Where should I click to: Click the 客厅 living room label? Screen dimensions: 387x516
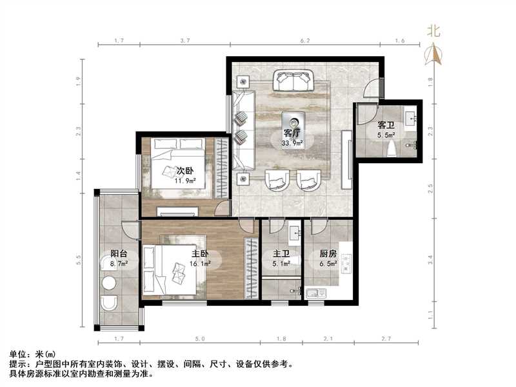(x=292, y=134)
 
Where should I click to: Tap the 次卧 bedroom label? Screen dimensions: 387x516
(x=185, y=171)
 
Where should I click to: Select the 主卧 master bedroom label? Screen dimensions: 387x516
(x=199, y=254)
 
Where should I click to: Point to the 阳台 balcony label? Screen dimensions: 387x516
(x=118, y=254)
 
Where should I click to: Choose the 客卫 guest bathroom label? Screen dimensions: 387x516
(x=386, y=125)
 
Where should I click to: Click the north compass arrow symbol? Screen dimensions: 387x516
(x=433, y=54)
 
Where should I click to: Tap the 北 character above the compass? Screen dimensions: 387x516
(x=433, y=31)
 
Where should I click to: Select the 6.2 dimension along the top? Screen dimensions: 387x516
(x=305, y=40)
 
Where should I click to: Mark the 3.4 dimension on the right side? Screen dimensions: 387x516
(x=431, y=261)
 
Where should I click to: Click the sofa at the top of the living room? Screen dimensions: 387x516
(x=293, y=81)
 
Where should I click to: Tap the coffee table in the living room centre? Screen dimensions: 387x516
(x=293, y=121)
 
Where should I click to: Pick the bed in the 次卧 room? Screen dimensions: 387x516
(x=178, y=169)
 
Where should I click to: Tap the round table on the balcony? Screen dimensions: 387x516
(x=109, y=283)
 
